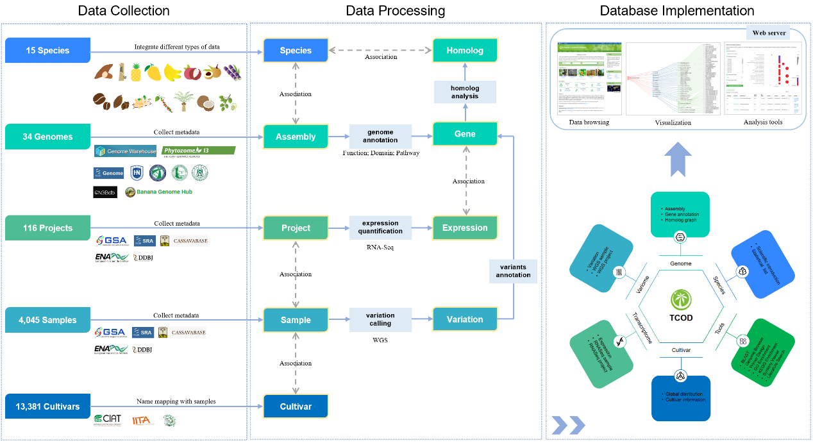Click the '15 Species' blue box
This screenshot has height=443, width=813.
47,51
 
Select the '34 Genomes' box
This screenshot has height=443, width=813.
48,137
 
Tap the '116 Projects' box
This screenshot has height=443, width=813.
48,228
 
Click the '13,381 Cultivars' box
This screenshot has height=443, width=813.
48,406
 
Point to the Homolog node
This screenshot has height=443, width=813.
465,51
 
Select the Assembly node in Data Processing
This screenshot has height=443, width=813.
296,137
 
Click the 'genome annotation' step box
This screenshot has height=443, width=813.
381,136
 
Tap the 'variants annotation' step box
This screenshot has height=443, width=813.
513,271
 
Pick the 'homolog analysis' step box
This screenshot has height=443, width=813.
465,92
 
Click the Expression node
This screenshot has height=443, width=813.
465,228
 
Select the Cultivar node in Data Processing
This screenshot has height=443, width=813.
296,406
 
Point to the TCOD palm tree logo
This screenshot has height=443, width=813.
681,299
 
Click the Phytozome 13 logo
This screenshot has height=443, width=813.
198,151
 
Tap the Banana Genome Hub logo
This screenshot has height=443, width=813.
158,192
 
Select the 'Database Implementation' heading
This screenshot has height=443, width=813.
677,11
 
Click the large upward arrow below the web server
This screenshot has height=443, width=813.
678,158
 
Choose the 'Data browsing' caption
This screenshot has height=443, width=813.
589,122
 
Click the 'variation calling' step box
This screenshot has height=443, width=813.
381,319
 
